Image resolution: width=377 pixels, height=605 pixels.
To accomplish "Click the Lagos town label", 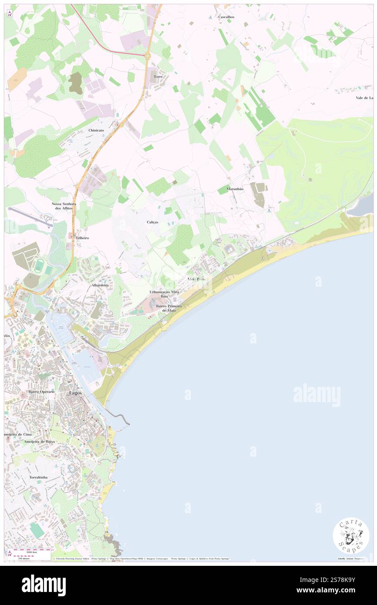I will click(x=75, y=393).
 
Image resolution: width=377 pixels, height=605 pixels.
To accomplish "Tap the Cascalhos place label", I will click(x=226, y=17).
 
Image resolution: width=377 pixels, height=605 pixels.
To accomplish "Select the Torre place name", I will click(x=158, y=77).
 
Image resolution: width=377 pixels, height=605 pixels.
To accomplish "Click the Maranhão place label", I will click(x=235, y=189).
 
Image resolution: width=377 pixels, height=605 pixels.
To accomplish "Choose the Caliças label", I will click(x=152, y=222).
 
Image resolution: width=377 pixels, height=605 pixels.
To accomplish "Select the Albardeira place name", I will click(x=99, y=285).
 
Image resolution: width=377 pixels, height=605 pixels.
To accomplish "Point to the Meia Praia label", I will click(x=196, y=279).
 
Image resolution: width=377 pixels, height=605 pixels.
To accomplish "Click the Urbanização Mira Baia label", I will click(x=164, y=294).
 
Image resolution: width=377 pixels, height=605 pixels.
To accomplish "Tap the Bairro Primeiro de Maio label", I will click(x=169, y=308).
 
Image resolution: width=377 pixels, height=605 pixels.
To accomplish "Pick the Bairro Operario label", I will click(x=42, y=392).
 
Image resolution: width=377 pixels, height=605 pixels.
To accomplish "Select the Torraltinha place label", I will click(x=38, y=477).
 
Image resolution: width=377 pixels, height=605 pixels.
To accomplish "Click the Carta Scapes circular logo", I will click(x=351, y=535).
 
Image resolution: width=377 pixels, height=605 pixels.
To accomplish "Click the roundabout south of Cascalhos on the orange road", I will click(x=148, y=55).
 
